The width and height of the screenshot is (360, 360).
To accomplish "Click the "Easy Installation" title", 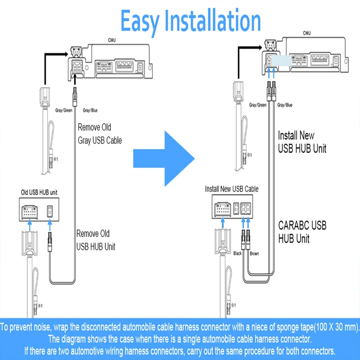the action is tap(191, 21).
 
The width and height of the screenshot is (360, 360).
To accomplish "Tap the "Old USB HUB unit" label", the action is tap(39, 192).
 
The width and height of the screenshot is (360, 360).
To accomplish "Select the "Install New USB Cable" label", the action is tap(231, 189).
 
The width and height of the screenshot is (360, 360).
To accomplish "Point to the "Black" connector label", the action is tap(238, 253).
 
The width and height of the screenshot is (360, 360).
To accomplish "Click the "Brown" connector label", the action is tap(254, 253).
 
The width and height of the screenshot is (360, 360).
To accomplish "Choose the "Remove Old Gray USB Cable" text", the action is tap(99, 134).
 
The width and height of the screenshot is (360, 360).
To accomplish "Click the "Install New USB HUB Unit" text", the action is tap(302, 141).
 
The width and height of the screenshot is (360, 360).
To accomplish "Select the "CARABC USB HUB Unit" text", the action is tap(302, 231).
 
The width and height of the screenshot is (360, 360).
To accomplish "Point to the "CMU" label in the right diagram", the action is tap(307, 33).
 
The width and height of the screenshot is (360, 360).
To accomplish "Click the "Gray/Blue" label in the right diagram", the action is tap(285, 105).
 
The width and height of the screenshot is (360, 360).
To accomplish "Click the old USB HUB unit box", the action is tap(39, 211).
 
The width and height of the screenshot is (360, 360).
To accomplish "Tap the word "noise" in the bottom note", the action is tap(54, 326).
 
